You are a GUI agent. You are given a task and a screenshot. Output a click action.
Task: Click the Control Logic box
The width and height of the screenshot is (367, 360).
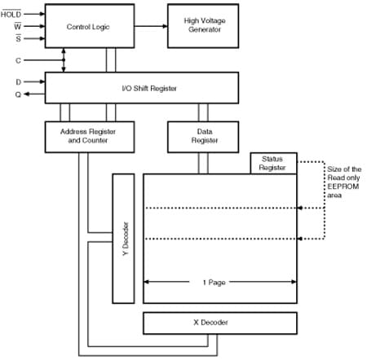pos(87,27)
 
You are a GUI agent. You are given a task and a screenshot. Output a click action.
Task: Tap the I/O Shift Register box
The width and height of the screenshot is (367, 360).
pos(142,87)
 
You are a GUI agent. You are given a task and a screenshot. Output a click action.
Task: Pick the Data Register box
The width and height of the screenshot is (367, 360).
pos(191,135)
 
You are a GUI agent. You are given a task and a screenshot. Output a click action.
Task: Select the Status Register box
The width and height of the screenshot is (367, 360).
pos(272,162)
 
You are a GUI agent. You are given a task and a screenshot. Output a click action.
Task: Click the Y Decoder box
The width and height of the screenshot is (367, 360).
pos(123,236)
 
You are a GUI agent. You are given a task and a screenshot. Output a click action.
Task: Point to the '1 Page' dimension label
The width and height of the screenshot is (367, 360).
pos(214,282)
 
